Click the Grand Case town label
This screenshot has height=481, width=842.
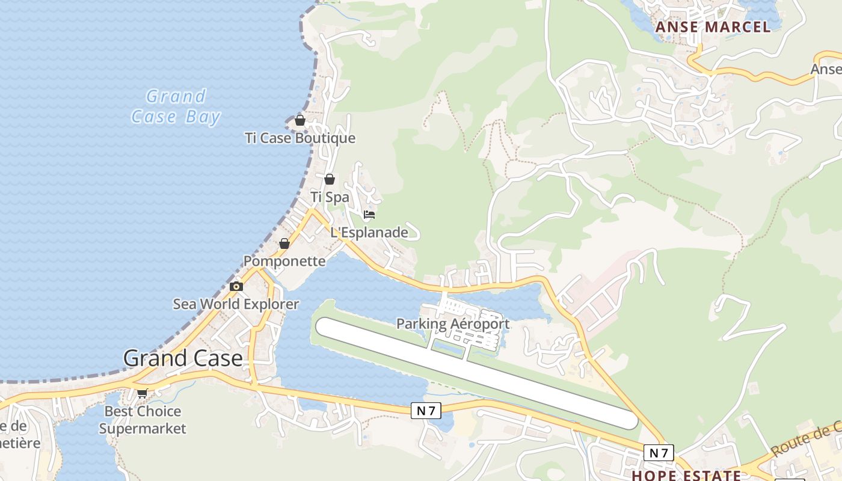coord(183,358)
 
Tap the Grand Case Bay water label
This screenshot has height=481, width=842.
coord(176,106)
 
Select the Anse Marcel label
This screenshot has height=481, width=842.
coord(713,27)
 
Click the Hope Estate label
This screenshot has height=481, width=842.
coord(686,475)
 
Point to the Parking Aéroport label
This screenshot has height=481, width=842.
coord(452,324)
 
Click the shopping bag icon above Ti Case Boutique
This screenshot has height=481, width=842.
coord(300,120)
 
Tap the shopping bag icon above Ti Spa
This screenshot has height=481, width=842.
coord(329,179)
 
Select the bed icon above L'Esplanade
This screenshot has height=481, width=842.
coord(369,215)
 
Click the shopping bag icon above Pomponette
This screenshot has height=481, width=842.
coord(284,244)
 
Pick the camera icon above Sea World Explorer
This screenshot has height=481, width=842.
coord(236,286)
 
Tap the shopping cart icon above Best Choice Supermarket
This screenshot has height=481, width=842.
coord(143,393)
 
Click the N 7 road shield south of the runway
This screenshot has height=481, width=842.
coord(426,411)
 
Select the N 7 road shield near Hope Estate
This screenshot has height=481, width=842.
coord(659,453)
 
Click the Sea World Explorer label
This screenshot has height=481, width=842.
coord(236,304)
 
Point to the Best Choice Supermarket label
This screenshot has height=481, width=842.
coord(143,420)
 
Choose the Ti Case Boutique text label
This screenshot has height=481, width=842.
coord(300,138)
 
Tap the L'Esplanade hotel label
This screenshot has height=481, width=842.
coord(369,233)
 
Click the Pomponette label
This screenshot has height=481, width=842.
coord(284,262)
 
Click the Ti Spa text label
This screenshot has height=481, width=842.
coord(330,197)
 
